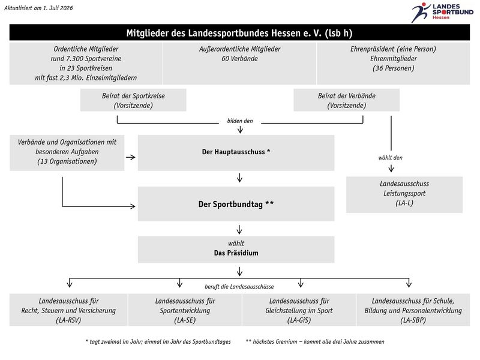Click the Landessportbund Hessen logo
(442, 12)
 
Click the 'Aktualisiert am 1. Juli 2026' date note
(38, 8)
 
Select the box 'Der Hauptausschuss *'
(236, 152)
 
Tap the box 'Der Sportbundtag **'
(236, 204)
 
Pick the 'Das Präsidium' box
(236, 249)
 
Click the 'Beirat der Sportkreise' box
(133, 100)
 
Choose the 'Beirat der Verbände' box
(347, 100)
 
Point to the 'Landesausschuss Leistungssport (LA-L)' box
(404, 194)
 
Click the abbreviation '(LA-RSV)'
(68, 320)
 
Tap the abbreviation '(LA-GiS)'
(299, 320)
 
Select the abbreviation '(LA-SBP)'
(413, 320)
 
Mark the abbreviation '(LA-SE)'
(185, 320)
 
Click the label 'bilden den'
(240, 121)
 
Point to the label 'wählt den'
(391, 158)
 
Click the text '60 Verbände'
(239, 58)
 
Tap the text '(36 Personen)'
(394, 68)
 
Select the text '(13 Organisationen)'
(67, 161)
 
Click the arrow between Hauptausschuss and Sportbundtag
(239, 178)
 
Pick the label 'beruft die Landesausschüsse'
(239, 287)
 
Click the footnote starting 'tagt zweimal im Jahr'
(158, 341)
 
